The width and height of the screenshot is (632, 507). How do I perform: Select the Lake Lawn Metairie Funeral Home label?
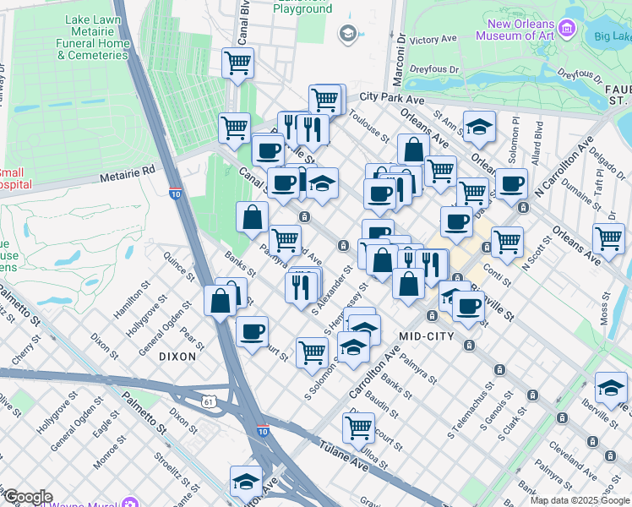point(92,36)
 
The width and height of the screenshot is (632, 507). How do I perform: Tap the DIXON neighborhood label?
point(177,357)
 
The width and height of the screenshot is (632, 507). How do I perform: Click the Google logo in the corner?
point(28,497)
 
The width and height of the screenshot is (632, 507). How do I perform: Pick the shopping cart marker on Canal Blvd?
point(238,62)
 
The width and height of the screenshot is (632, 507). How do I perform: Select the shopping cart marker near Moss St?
point(608,237)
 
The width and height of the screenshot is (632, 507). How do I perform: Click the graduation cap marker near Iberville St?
point(611,386)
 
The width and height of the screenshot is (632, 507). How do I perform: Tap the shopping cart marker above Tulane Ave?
point(359,427)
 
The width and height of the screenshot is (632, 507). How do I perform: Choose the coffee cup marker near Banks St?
point(252,330)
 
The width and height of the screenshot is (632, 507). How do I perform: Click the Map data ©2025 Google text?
point(580,500)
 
